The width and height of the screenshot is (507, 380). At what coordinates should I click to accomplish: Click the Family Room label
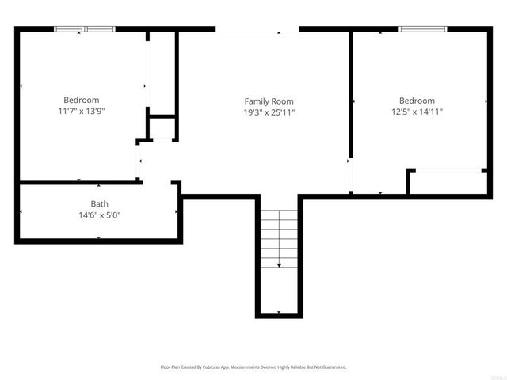coord(269,101)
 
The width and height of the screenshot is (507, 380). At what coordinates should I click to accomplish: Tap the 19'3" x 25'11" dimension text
coord(269,112)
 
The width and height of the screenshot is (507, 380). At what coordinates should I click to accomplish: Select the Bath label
coord(99,203)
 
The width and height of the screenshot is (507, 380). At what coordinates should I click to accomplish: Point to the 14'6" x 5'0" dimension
coord(99,215)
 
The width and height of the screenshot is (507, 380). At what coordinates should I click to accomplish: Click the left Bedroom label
coord(82,100)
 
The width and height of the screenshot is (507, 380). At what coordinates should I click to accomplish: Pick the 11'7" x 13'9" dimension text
coord(82,112)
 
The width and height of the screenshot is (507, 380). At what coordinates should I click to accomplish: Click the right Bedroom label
coord(417,101)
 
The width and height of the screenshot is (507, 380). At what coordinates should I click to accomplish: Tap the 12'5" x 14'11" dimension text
coord(417,112)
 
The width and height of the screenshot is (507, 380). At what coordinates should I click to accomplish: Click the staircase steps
coord(279,230)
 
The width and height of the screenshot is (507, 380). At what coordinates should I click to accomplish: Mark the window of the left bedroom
coord(85,29)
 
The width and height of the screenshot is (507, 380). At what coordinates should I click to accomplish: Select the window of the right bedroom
coord(423,29)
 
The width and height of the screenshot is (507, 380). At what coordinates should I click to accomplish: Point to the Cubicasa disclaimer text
coord(253,367)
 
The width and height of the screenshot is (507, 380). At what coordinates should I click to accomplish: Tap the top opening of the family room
coord(257,30)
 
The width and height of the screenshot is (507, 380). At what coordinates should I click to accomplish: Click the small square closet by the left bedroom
coord(162,128)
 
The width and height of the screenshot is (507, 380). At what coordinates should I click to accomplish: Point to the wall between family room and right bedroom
coord(350,95)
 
